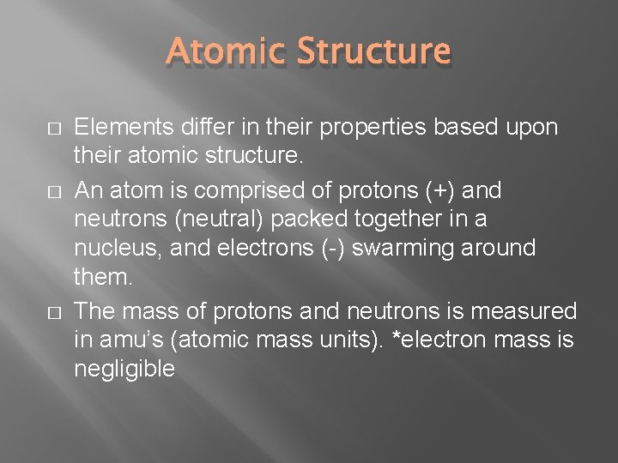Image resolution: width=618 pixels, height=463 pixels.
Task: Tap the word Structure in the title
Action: (x=374, y=51)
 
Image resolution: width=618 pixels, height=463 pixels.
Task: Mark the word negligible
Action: (x=125, y=370)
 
